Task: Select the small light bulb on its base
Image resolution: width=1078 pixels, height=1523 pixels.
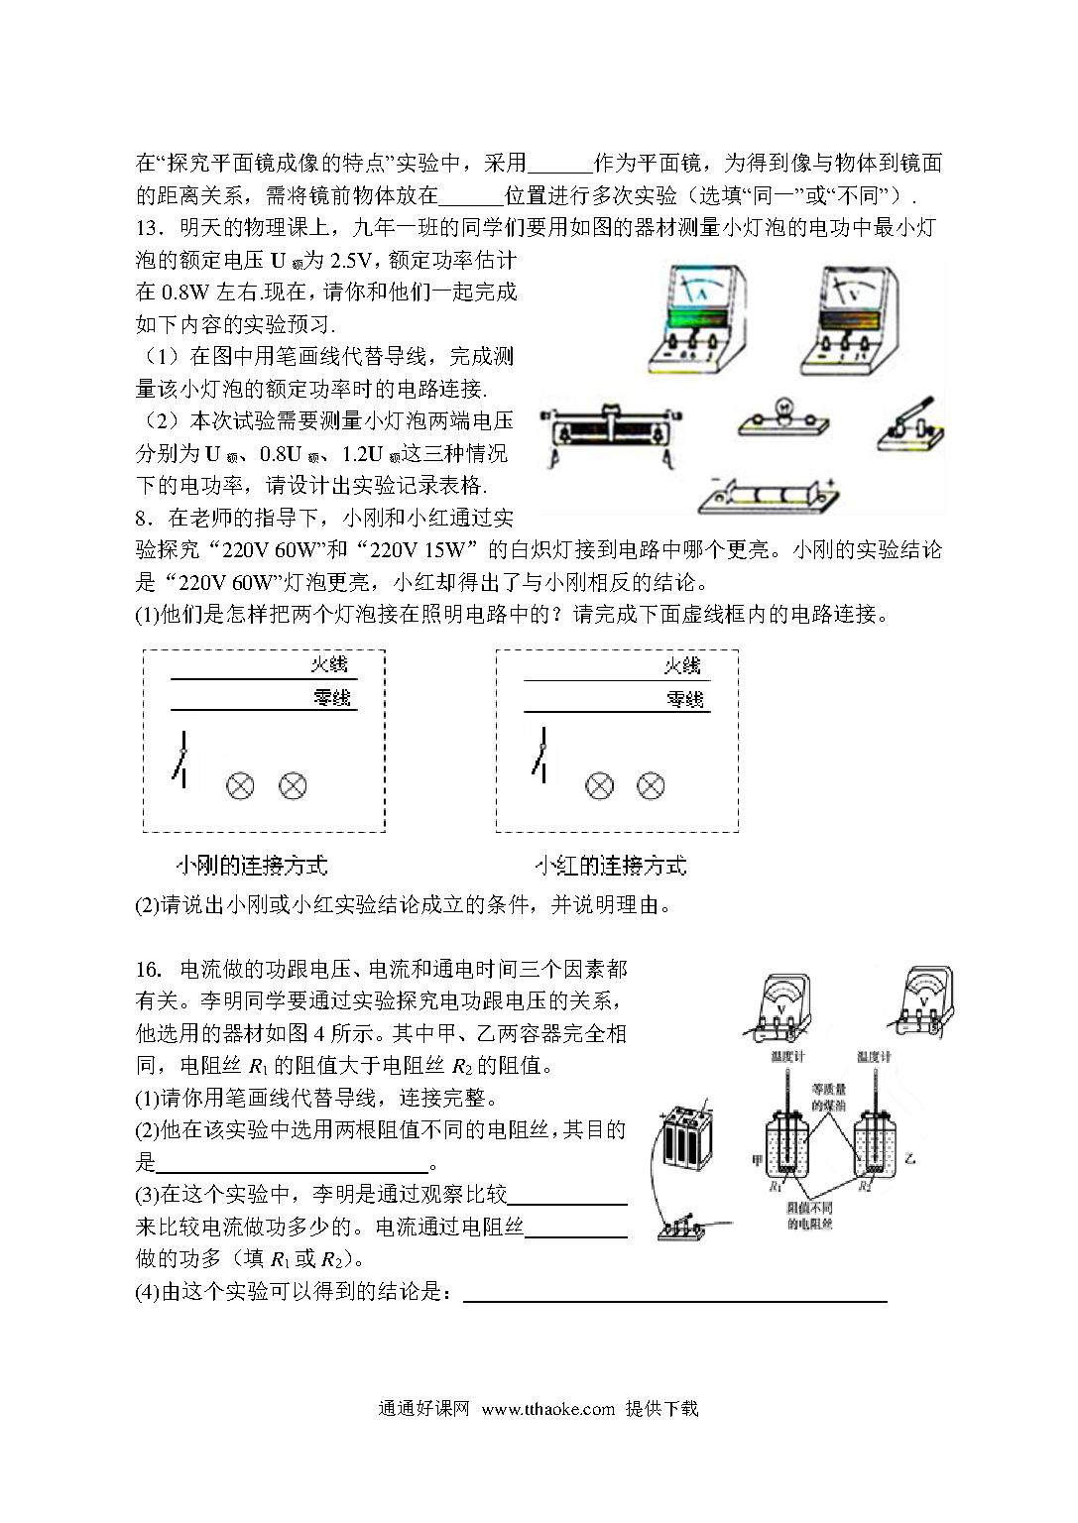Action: pyautogui.click(x=782, y=418)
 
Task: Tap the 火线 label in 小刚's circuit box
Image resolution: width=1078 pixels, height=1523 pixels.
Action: pyautogui.click(x=330, y=664)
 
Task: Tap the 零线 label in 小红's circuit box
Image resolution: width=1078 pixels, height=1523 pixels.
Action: pyautogui.click(x=684, y=699)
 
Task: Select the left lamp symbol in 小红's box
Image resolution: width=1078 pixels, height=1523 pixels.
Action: pyautogui.click(x=598, y=786)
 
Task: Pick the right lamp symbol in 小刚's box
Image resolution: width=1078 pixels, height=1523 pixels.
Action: pyautogui.click(x=292, y=786)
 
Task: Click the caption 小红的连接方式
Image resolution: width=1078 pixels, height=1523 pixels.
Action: pyautogui.click(x=610, y=866)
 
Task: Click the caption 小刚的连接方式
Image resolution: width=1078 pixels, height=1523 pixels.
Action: pyautogui.click(x=251, y=866)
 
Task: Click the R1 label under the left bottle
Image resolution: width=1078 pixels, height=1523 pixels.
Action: pyautogui.click(x=776, y=1186)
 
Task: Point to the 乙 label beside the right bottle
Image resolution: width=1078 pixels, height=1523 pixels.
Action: pyautogui.click(x=910, y=1157)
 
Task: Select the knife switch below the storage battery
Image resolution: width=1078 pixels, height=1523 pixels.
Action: pyautogui.click(x=682, y=1227)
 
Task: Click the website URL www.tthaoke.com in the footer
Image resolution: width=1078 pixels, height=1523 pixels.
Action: pyautogui.click(x=547, y=1409)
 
